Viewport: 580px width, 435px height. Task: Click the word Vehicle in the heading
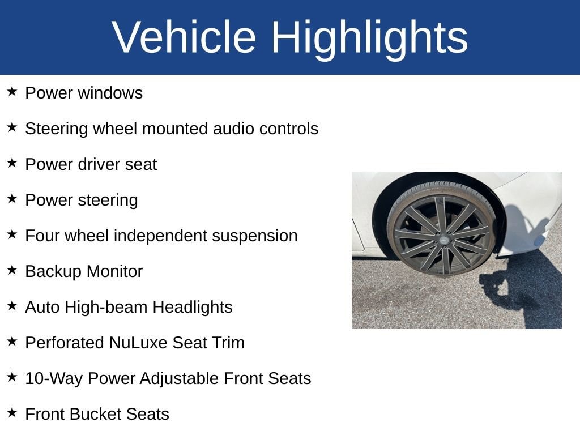184,37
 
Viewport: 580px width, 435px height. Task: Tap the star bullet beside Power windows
12,91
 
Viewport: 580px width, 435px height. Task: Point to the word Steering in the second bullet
57,129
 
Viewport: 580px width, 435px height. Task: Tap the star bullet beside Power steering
12,199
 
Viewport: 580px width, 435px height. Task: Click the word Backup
53,272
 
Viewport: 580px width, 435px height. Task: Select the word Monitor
114,271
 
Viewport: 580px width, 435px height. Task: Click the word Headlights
193,308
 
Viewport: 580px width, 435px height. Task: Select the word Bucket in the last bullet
95,414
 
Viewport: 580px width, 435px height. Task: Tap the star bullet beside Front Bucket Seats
12,413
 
